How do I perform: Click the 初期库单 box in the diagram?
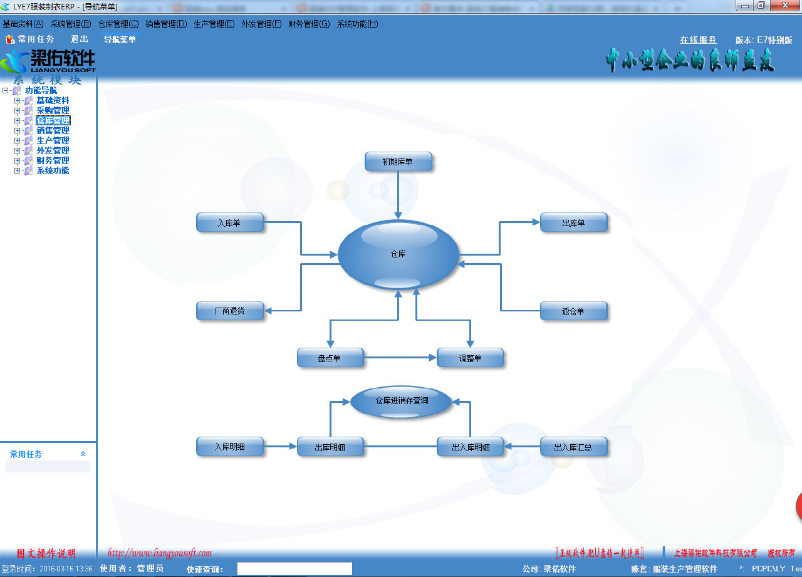coord(398,162)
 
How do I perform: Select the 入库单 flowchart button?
coord(229,222)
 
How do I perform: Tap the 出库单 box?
coord(573,222)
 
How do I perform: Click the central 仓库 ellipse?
coord(398,254)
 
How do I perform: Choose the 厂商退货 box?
coord(229,311)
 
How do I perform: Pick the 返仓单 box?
coord(573,311)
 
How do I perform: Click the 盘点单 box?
coord(330,358)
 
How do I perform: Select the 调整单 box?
coord(470,358)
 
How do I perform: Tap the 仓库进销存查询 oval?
coord(401,401)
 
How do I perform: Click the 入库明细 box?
coord(229,447)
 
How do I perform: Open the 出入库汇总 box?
coord(573,447)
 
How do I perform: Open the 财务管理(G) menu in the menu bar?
coord(308,24)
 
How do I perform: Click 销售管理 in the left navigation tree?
coord(53,130)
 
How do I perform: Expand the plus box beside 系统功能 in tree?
coord(18,170)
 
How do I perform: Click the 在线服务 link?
coord(698,39)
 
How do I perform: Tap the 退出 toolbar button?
coord(80,39)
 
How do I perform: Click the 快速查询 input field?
coord(294,569)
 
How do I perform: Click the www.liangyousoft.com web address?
coord(160,553)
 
